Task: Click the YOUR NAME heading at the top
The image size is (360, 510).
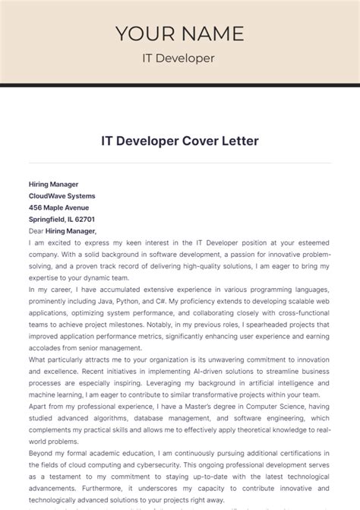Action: (180, 33)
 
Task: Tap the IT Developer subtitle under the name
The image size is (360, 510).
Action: (179, 58)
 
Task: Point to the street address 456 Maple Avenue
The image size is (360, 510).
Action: (58, 207)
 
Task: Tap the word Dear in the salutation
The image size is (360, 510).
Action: (36, 230)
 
